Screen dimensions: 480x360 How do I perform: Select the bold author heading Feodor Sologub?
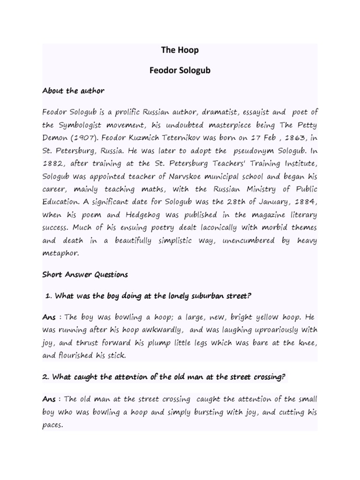tap(180, 70)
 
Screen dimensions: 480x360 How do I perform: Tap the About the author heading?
tap(73, 90)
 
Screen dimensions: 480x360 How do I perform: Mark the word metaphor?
tap(61, 254)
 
